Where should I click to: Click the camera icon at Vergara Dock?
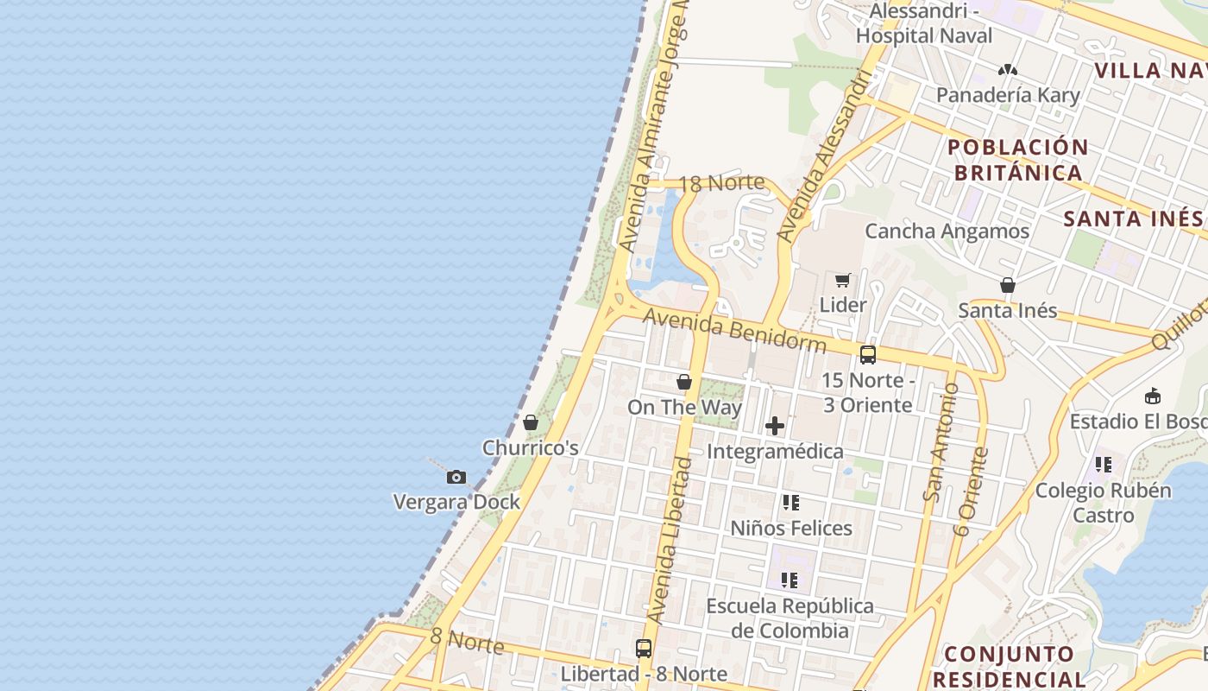click(456, 477)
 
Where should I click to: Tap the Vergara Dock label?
click(456, 502)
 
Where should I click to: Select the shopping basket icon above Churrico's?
click(531, 422)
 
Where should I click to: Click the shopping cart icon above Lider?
click(842, 280)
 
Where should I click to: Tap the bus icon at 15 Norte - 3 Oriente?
click(867, 354)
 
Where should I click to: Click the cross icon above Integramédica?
click(775, 426)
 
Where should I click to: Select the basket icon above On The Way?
click(684, 382)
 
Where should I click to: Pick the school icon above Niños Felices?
click(790, 503)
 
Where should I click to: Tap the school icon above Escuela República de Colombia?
click(790, 580)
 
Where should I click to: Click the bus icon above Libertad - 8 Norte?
click(644, 649)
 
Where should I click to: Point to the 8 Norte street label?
click(467, 641)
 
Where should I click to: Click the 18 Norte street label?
click(722, 183)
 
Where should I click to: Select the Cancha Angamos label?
click(947, 231)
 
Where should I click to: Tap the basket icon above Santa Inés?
click(1007, 285)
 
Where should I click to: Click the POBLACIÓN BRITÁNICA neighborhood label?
click(1018, 160)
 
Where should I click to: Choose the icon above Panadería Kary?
click(1007, 70)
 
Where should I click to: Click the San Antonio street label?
click(941, 442)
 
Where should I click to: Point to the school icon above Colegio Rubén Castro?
click(1104, 465)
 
